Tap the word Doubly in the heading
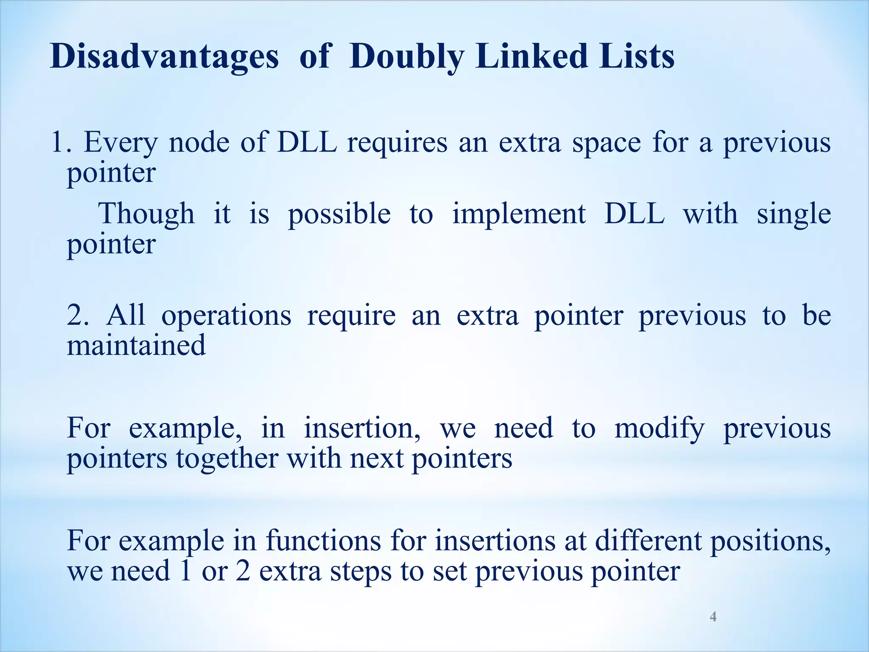(x=406, y=57)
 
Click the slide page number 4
(x=713, y=616)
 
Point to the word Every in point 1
(x=121, y=143)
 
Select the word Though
(x=146, y=214)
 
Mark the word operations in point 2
(x=226, y=317)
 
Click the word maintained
(x=136, y=345)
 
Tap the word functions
(x=323, y=541)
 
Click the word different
(x=648, y=541)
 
